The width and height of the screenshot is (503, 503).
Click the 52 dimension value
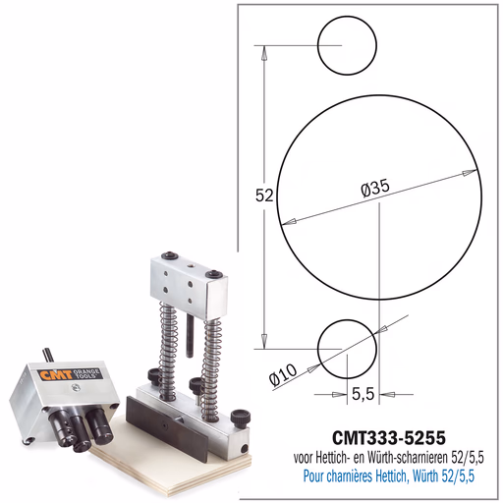(x=264, y=196)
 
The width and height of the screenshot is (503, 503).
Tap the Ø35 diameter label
(x=375, y=188)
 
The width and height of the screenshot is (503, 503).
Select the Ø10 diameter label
(x=283, y=373)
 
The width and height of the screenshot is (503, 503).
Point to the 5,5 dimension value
(x=363, y=394)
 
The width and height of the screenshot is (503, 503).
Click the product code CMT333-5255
(x=389, y=437)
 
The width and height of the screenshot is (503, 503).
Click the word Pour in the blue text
(x=313, y=475)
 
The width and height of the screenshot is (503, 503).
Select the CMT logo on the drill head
(x=55, y=375)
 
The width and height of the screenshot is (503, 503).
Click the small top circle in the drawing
(x=347, y=45)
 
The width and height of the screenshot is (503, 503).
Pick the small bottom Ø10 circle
(x=347, y=350)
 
